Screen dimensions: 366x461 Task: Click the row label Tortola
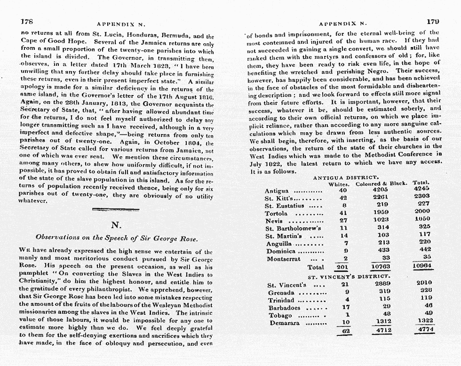point(276,214)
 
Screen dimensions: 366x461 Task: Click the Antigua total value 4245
point(423,190)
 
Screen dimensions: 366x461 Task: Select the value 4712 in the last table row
point(385,331)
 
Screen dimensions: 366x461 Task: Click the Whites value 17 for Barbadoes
point(346,308)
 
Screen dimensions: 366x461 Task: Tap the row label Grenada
point(281,293)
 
